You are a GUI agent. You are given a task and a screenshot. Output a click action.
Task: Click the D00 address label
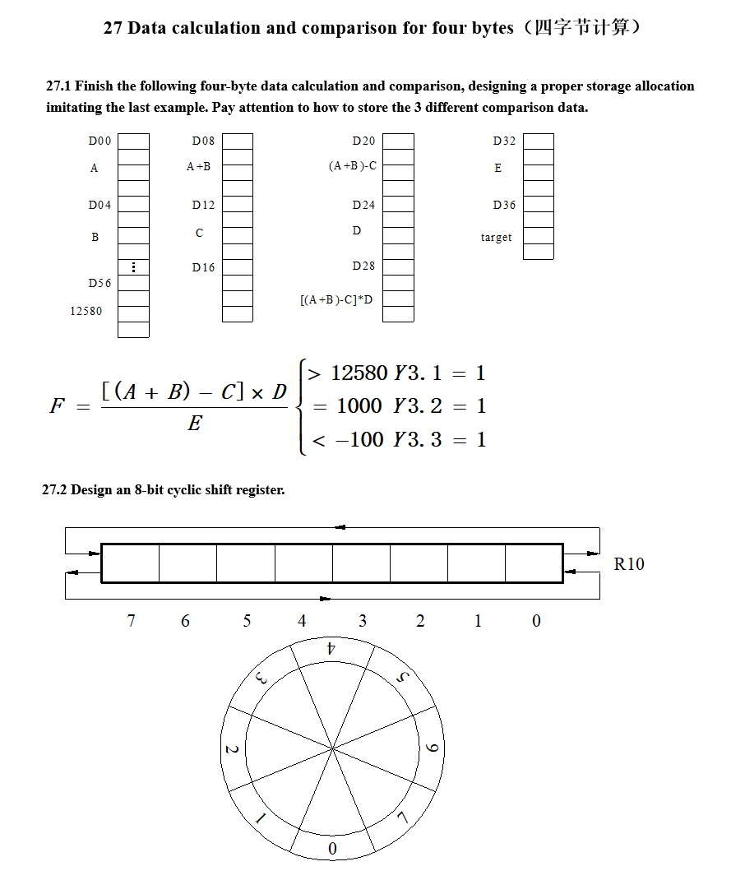point(99,141)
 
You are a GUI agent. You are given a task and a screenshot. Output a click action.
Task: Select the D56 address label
point(99,283)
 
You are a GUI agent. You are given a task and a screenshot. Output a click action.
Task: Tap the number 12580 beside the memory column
point(86,311)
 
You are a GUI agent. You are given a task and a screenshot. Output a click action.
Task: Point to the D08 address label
point(203,141)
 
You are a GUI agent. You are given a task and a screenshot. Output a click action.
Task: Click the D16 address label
point(203,267)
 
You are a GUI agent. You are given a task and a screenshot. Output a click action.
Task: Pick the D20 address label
point(363,141)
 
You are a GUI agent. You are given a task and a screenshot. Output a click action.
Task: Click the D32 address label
point(504,141)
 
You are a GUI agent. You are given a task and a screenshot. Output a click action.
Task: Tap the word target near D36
point(496,238)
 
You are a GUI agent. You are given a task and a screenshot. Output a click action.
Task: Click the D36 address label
point(504,205)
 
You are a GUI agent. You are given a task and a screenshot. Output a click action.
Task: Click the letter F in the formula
point(57,405)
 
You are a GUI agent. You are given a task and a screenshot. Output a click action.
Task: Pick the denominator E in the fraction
point(194,424)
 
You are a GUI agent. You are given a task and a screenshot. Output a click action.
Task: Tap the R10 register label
point(629,563)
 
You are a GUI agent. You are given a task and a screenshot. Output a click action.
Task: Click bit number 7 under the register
point(131,621)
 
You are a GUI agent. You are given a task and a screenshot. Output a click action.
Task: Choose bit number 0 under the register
point(536,621)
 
